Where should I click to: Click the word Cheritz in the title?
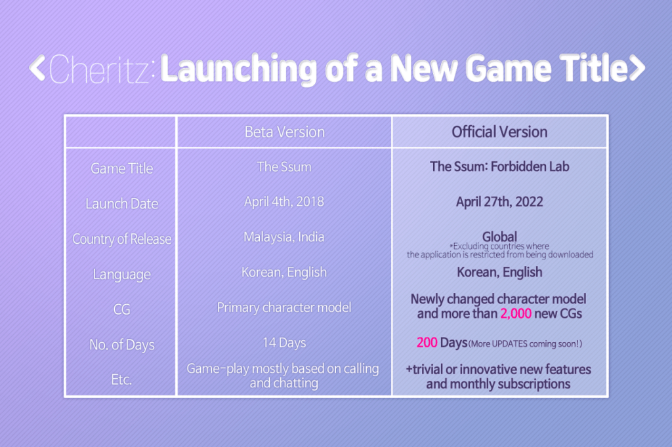click(100, 69)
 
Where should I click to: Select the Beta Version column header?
click(285, 132)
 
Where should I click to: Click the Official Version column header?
click(499, 132)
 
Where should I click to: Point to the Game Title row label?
click(121, 168)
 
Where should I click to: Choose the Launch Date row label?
click(121, 203)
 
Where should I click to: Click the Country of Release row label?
click(121, 239)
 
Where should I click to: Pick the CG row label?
click(121, 309)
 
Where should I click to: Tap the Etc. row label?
click(121, 379)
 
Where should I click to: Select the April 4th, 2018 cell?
click(284, 202)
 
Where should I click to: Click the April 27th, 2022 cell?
click(499, 202)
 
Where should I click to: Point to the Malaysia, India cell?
click(284, 237)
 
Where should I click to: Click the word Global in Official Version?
click(499, 237)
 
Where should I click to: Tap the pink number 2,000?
click(516, 314)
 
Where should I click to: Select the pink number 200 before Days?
click(427, 343)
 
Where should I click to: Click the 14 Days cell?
click(285, 343)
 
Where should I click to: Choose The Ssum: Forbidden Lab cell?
click(499, 166)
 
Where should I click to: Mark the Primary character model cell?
click(284, 307)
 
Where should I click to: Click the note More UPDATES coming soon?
click(526, 344)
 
